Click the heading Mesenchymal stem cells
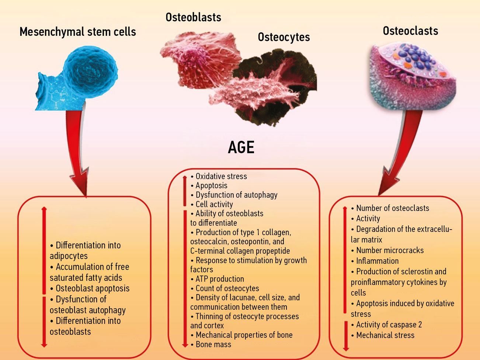[77, 32]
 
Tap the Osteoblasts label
[193, 17]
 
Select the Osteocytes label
[284, 37]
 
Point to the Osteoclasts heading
[410, 31]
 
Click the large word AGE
[241, 148]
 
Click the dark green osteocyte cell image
[280, 88]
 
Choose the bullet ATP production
[220, 279]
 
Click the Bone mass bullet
[213, 345]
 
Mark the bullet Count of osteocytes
[227, 289]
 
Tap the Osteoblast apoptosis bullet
[93, 289]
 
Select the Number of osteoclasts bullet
[392, 208]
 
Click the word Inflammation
[377, 261]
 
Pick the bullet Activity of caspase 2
[389, 325]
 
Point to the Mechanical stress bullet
[385, 336]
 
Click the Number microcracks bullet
[390, 251]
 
